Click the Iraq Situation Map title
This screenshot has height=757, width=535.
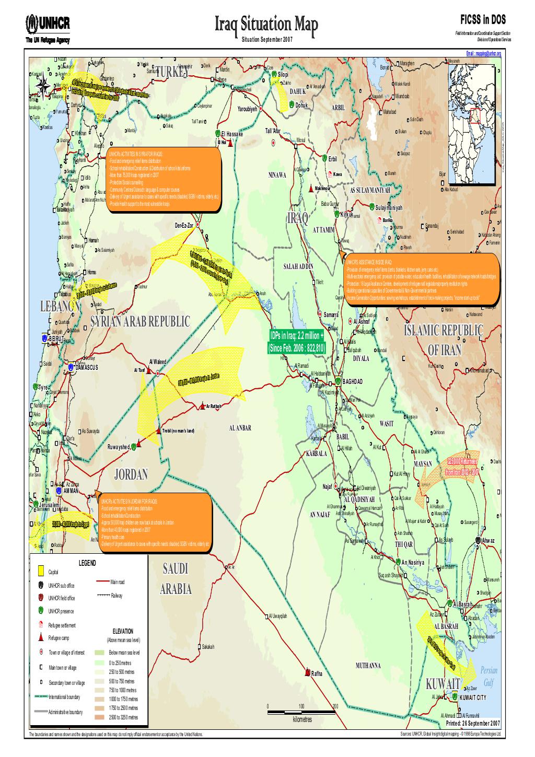(x=266, y=24)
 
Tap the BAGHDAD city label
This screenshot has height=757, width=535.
(x=353, y=381)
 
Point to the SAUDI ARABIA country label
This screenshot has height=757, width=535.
(x=175, y=579)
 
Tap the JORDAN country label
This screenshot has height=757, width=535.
(x=131, y=474)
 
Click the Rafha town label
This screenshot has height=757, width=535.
(x=317, y=673)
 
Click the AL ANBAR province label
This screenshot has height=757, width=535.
(x=240, y=428)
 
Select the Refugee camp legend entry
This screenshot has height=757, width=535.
(x=62, y=638)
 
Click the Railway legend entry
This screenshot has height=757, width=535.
(x=115, y=596)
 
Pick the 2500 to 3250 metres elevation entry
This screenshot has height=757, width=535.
(x=123, y=718)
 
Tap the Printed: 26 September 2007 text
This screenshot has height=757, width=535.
(x=473, y=724)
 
